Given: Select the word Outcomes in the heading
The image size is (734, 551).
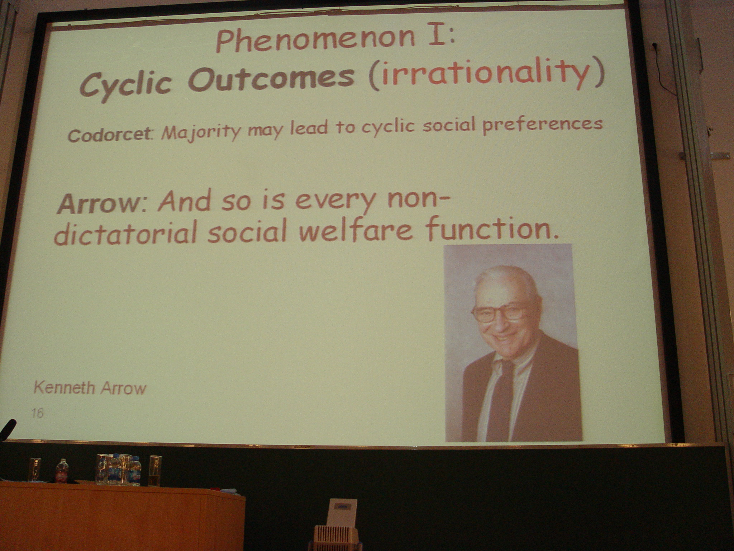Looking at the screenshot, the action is [x=271, y=79].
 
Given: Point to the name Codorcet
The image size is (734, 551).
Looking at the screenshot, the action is [x=109, y=135].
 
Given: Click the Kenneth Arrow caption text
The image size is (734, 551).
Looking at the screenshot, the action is [x=90, y=388].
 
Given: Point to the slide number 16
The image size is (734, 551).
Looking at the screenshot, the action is [x=37, y=413].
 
